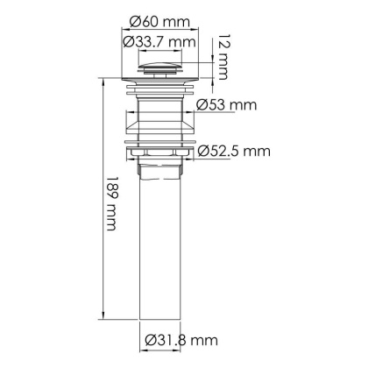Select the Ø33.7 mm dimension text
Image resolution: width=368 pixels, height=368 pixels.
[159, 41]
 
